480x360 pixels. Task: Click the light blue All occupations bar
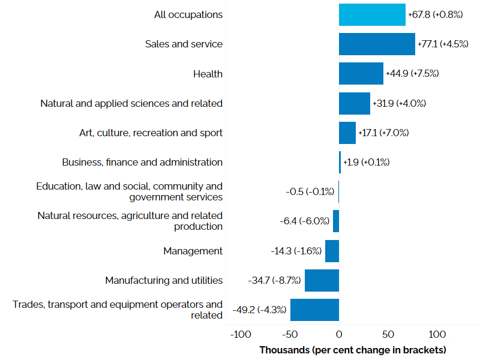(x=372, y=14)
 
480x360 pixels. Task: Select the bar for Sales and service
(x=377, y=44)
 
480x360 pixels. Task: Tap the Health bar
(x=361, y=74)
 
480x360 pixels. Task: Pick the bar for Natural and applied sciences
(x=355, y=103)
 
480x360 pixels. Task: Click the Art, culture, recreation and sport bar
(x=347, y=133)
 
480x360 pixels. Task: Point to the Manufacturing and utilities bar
(x=322, y=280)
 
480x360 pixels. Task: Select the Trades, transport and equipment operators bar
(x=314, y=310)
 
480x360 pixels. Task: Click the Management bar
(x=332, y=251)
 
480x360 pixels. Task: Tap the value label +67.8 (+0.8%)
(x=435, y=14)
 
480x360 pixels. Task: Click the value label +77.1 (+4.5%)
(x=443, y=44)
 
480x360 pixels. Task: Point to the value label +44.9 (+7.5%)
(x=412, y=74)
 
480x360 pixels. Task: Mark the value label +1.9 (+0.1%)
(x=366, y=162)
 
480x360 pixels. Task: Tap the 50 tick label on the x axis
(x=388, y=334)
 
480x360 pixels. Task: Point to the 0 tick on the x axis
(x=339, y=334)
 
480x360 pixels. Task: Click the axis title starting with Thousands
(x=353, y=349)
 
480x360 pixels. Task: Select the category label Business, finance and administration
(x=142, y=162)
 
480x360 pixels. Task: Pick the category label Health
(x=208, y=74)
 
